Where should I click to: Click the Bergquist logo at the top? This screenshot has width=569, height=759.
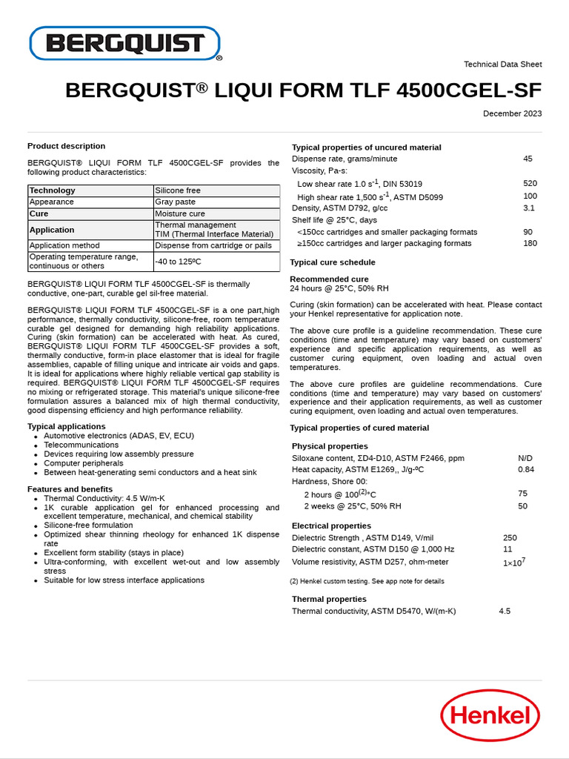pos(124,44)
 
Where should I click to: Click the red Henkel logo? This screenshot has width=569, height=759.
pos(490,715)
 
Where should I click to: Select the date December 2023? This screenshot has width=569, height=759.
pos(512,113)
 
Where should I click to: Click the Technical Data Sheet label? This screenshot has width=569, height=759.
pos(502,64)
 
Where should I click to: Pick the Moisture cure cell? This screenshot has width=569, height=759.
pos(180,213)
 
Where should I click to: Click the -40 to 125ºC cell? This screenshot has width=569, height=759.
pos(178,262)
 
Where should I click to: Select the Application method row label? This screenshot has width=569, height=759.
pos(64,245)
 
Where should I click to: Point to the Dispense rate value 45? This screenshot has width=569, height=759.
pos(528,159)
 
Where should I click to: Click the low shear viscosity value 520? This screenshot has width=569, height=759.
pos(530,183)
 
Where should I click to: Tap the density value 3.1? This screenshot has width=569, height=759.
pos(529,208)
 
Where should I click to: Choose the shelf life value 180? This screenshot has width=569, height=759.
pos(530,243)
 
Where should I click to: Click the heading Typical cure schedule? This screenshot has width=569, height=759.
pos(332,262)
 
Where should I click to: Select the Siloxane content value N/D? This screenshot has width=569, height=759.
pos(525,458)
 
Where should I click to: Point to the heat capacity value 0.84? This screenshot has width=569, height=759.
pos(526,469)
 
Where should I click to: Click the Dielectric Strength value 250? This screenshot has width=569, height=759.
pos(510,538)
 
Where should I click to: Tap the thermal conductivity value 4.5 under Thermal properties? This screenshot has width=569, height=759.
pos(505,611)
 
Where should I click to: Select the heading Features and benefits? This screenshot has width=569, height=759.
pos(70,489)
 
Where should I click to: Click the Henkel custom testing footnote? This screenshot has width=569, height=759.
pos(367,581)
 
